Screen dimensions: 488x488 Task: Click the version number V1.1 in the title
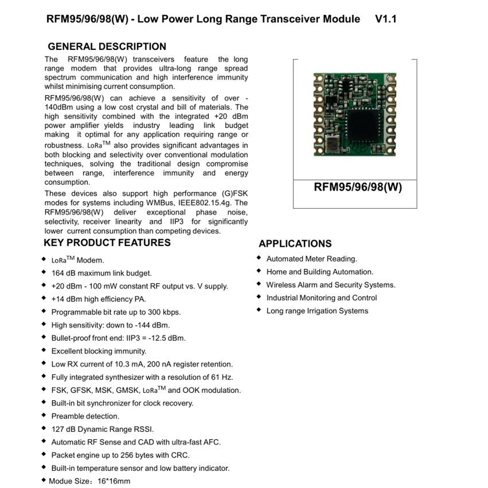386,19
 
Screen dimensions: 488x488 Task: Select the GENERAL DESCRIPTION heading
107,47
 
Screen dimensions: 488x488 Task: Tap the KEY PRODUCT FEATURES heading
107,243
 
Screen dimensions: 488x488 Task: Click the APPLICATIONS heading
295,244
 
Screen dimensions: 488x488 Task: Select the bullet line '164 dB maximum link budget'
101,273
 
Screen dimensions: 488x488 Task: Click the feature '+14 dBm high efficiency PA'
98,299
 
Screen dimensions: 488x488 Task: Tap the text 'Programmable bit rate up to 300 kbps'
116,312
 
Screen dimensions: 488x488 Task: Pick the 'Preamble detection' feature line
85,416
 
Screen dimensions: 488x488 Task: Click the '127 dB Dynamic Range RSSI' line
102,429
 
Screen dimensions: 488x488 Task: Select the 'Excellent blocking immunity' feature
99,351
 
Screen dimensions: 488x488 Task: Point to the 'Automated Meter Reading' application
311,259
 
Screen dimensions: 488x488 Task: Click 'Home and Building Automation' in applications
320,272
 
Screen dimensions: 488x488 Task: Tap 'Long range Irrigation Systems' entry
317,311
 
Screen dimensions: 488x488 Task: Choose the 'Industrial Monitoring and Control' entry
322,298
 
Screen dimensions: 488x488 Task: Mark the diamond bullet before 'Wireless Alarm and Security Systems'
259,285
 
